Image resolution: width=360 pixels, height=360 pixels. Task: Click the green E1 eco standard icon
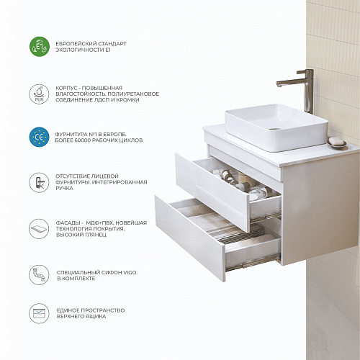click(40, 47)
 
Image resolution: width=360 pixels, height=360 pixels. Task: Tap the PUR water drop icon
click(39, 94)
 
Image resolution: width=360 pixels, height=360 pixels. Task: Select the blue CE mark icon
click(39, 137)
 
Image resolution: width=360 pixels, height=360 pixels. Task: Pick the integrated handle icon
click(39, 182)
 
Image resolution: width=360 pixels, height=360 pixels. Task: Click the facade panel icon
click(39, 228)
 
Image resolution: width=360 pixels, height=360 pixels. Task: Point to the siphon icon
click(39, 275)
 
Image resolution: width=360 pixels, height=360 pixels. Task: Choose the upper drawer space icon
click(39, 313)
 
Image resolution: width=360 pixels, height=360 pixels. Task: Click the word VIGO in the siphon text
click(130, 272)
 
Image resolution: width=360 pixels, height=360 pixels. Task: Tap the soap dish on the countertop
click(336, 143)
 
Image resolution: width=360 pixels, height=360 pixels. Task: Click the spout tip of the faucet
click(279, 84)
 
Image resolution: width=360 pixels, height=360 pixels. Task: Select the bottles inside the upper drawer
click(238, 182)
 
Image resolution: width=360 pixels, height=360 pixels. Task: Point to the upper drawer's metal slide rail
click(265, 217)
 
